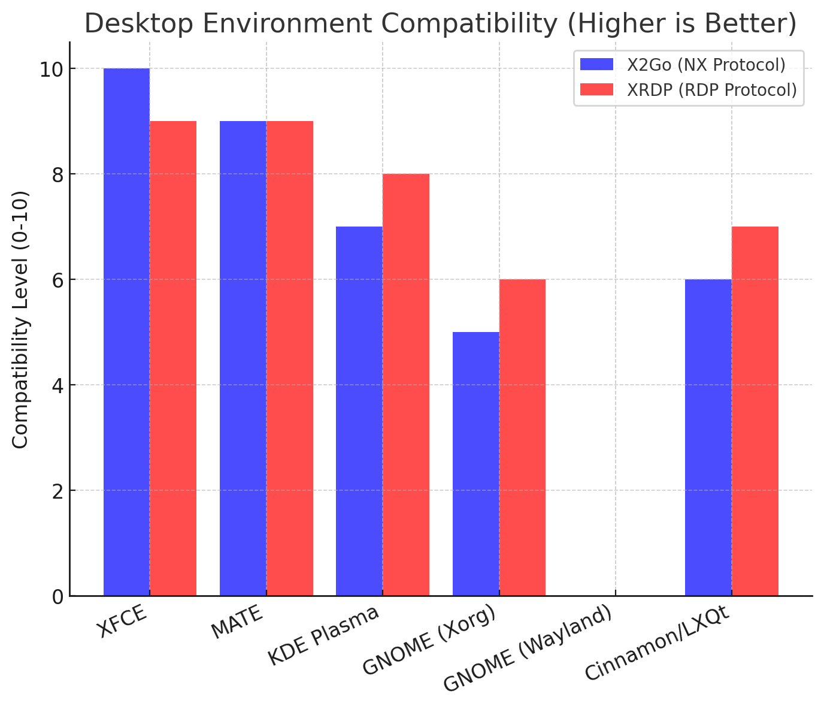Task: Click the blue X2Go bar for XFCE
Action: (126, 332)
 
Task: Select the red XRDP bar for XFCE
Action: (173, 358)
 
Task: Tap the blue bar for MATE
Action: (243, 358)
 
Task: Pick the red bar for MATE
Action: (290, 358)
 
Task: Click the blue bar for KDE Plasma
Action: (359, 411)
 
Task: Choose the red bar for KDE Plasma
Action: (406, 385)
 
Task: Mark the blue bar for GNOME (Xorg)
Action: (475, 464)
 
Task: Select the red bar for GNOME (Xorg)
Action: (522, 438)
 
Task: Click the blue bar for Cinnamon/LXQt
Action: (708, 438)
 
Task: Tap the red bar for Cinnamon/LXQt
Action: (755, 411)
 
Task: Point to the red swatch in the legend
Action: (597, 90)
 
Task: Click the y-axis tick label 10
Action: (52, 69)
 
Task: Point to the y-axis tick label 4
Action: (59, 385)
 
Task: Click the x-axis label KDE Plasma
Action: (323, 635)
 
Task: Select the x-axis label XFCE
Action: (123, 623)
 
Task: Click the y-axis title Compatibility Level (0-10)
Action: (20, 319)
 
